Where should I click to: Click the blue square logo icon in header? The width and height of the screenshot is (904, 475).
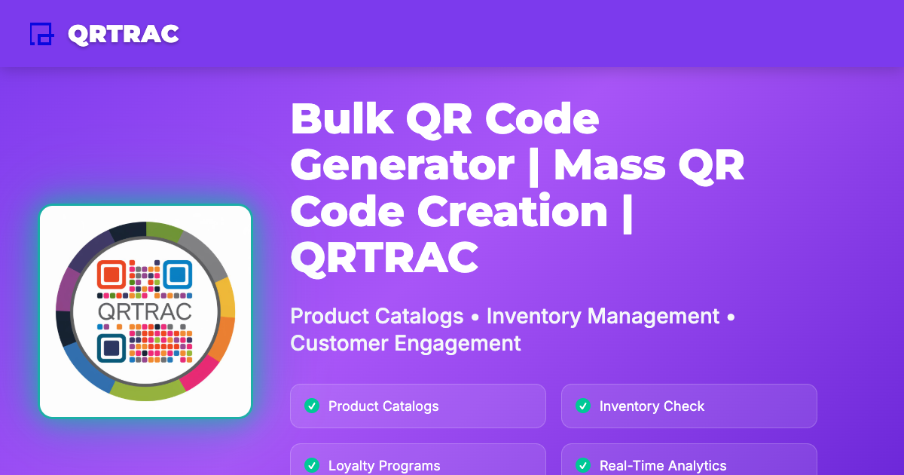tap(41, 34)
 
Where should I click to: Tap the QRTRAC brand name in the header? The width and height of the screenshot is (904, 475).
tap(123, 34)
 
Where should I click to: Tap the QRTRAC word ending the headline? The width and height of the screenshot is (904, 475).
tap(384, 257)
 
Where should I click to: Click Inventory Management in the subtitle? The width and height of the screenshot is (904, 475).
tap(603, 316)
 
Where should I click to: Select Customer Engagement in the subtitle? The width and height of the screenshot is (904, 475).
tap(405, 344)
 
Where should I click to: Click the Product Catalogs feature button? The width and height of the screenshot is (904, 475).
tap(417, 406)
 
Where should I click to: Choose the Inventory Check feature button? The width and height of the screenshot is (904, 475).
tap(689, 406)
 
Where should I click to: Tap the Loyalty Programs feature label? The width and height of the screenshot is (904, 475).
tap(384, 466)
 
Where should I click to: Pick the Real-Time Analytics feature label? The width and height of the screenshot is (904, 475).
tap(663, 466)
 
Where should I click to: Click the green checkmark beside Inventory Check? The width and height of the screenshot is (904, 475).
tap(582, 406)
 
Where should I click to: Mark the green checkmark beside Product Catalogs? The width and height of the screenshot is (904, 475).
tap(311, 406)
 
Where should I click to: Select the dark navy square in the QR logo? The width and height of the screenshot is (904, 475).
tap(111, 347)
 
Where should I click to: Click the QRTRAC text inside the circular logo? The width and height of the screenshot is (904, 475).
tap(145, 311)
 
